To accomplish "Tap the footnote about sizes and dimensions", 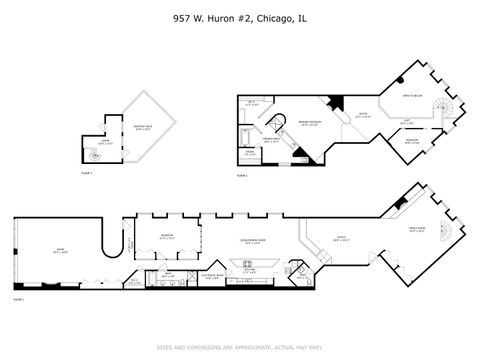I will tap(240, 348).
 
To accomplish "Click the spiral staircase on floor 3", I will tap(97, 155).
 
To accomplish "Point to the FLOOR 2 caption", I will tap(240, 176).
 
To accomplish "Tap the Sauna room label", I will tap(250, 154).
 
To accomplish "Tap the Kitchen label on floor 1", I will tap(250, 271).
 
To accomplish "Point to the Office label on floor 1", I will tap(341, 238).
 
